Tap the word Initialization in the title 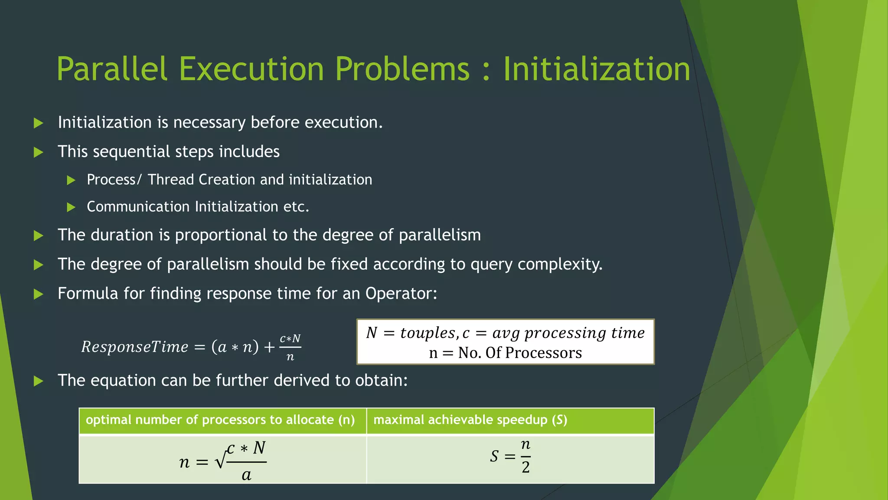click(597, 69)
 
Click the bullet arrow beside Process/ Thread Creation click(72, 180)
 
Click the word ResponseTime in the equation click(135, 347)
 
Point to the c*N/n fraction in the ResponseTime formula click(290, 347)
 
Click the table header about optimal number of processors click(220, 420)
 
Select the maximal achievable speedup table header click(470, 420)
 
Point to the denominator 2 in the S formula click(526, 467)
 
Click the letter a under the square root click(246, 475)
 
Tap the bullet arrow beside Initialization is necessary click(39, 123)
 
